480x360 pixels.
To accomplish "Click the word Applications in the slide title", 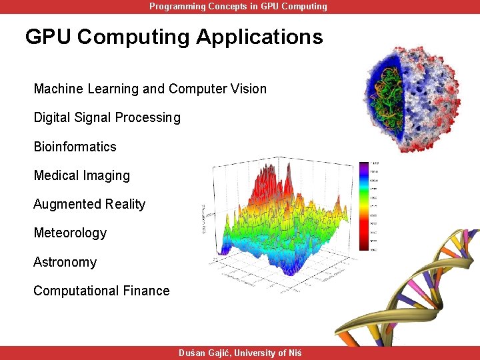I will click(x=259, y=37).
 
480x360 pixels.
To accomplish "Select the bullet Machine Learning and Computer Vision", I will click(x=150, y=89).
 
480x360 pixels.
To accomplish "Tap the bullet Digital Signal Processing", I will click(x=107, y=118).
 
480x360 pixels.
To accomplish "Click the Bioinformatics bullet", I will click(x=75, y=147).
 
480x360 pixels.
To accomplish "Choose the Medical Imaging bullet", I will click(x=81, y=176).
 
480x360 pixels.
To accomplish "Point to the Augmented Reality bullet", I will click(x=89, y=205).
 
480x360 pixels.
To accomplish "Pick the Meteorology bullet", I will click(x=70, y=233).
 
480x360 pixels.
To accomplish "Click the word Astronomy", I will click(x=65, y=262).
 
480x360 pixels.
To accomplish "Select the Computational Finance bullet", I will click(x=101, y=291).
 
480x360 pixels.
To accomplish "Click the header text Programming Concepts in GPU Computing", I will click(x=238, y=7).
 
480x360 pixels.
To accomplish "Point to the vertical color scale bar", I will click(x=364, y=206).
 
